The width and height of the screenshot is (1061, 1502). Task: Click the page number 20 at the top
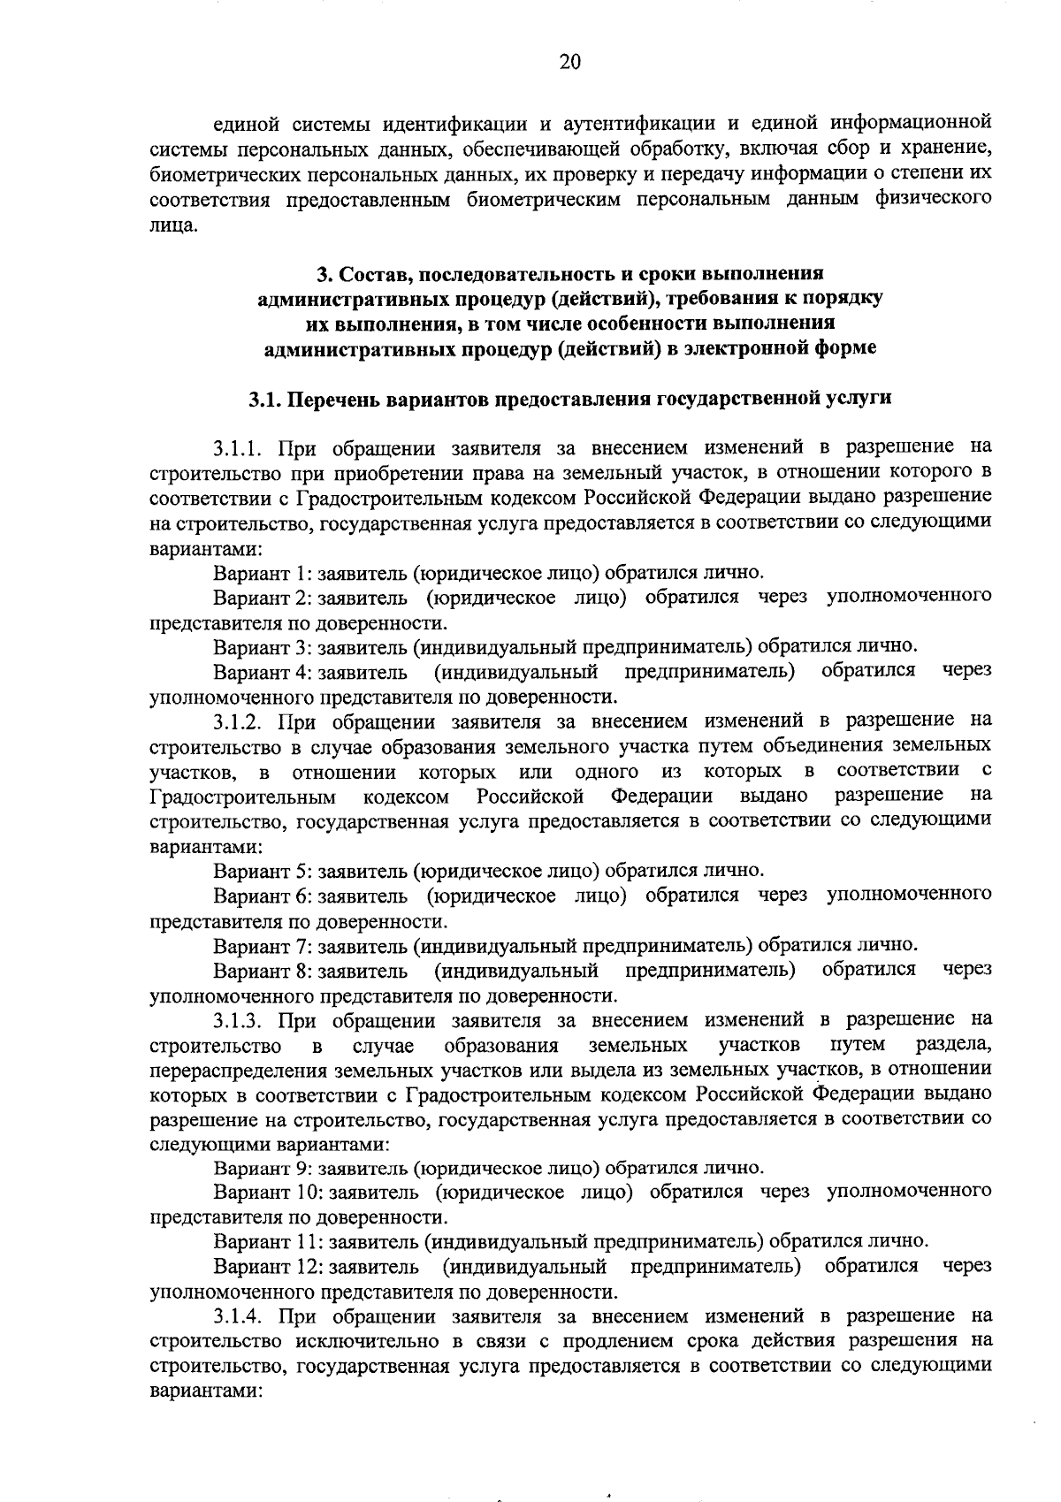pyautogui.click(x=569, y=61)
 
